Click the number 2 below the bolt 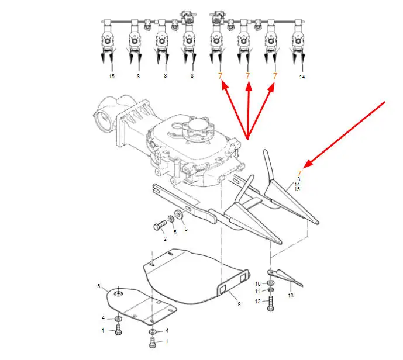(x=165, y=239)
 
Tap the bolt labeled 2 (x=160, y=226)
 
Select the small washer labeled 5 (x=171, y=219)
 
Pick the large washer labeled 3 (x=178, y=214)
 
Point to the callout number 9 (x=239, y=304)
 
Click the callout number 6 (x=99, y=286)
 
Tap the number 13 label (x=291, y=296)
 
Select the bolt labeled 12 (x=271, y=303)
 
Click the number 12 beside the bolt (x=258, y=302)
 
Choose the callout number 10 (x=258, y=284)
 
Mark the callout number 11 (x=258, y=292)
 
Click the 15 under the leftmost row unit (x=112, y=76)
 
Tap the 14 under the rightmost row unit (x=302, y=77)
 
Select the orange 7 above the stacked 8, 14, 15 (x=299, y=174)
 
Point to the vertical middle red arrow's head (x=248, y=86)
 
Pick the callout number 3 (x=186, y=229)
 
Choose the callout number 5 (x=175, y=233)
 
